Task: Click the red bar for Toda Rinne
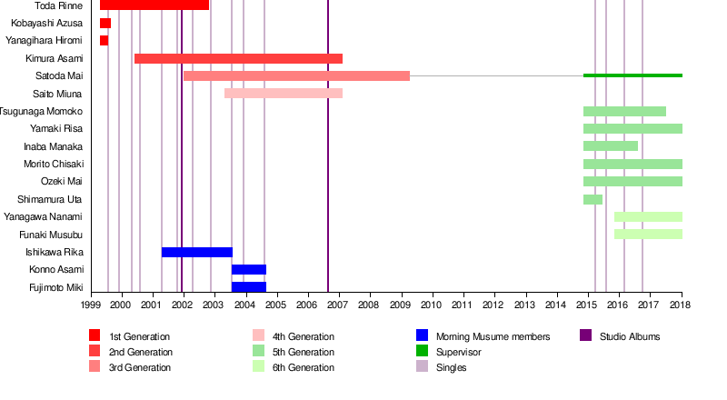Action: (154, 5)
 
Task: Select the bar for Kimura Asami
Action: (238, 58)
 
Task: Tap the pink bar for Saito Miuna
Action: (284, 93)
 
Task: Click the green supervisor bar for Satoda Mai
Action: (632, 75)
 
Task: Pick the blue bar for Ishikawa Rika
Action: (197, 252)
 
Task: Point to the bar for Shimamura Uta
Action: (593, 199)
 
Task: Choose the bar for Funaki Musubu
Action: (648, 234)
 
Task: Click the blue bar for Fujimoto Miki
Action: (249, 287)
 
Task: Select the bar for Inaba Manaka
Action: (611, 145)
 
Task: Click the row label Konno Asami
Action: (56, 269)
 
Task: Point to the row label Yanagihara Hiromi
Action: (45, 41)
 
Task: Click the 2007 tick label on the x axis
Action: (339, 305)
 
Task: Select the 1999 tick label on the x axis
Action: (91, 305)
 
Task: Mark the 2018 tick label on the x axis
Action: (682, 305)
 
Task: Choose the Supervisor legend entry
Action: (458, 352)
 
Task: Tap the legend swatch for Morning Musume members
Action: (422, 336)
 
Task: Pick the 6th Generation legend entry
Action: (304, 367)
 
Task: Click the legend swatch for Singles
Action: (422, 367)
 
